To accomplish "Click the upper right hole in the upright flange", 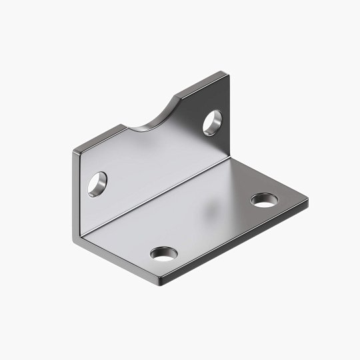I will tap(213, 123).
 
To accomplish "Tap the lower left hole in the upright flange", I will tap(98, 183).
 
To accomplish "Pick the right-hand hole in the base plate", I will tap(264, 199).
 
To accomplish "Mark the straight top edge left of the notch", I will tap(100, 138).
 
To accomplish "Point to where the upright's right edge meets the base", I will tap(230, 155).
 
